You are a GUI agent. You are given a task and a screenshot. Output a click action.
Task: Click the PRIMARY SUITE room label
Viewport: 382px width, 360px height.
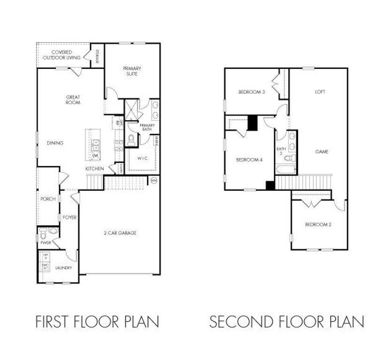point(132,71)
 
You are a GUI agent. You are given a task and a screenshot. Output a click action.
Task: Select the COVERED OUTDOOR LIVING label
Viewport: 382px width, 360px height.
point(61,55)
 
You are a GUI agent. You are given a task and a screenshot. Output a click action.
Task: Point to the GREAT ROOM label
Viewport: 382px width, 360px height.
point(73,100)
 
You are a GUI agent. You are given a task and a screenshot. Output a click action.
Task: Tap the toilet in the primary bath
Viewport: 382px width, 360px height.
point(132,139)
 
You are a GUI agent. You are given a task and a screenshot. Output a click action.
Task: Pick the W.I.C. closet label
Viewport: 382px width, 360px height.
point(142,158)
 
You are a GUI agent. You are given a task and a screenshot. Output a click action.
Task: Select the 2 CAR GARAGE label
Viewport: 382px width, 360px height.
point(120,232)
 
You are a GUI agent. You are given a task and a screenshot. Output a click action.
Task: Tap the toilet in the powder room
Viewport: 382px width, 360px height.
point(43,231)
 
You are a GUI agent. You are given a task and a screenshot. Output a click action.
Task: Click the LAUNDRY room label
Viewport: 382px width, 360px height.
point(63,268)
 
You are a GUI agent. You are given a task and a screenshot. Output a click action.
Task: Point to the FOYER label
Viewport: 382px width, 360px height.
point(69,217)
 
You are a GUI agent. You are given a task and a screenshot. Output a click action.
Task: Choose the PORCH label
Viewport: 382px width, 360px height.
point(48,199)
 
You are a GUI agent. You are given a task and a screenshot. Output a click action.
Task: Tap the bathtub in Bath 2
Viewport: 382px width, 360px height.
point(285,170)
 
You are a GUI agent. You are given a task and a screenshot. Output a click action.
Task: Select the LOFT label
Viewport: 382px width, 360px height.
point(320,92)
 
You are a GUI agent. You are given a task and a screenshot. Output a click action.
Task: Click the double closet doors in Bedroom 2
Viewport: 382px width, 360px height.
point(311,203)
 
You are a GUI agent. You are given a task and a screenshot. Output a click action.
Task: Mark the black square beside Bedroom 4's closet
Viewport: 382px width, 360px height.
point(252,123)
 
